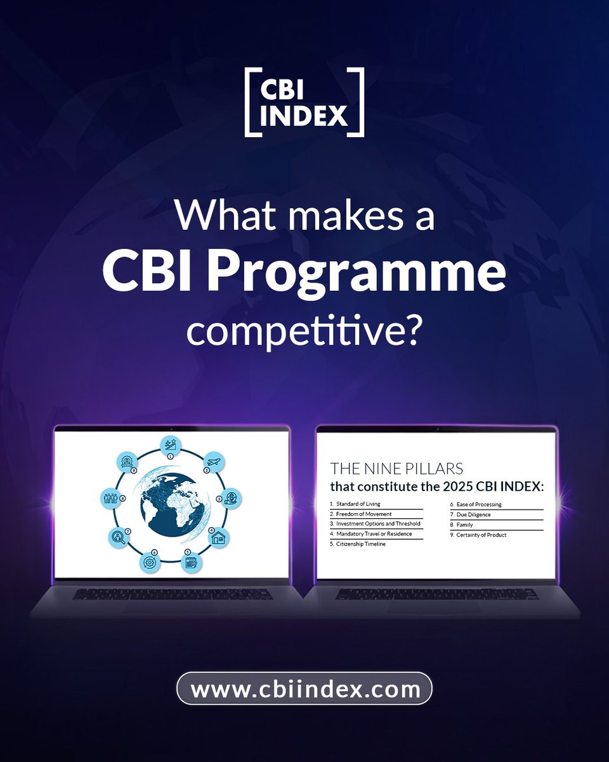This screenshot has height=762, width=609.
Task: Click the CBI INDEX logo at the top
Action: click(x=304, y=102)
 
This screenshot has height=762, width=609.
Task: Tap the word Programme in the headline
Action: click(x=377, y=274)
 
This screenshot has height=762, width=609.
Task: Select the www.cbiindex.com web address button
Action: click(x=304, y=688)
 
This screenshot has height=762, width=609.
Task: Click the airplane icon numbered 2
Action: click(x=213, y=462)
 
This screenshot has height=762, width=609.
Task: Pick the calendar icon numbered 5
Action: click(x=191, y=563)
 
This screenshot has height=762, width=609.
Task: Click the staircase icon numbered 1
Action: click(x=171, y=445)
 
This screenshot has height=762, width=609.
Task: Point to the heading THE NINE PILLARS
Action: click(x=396, y=469)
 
